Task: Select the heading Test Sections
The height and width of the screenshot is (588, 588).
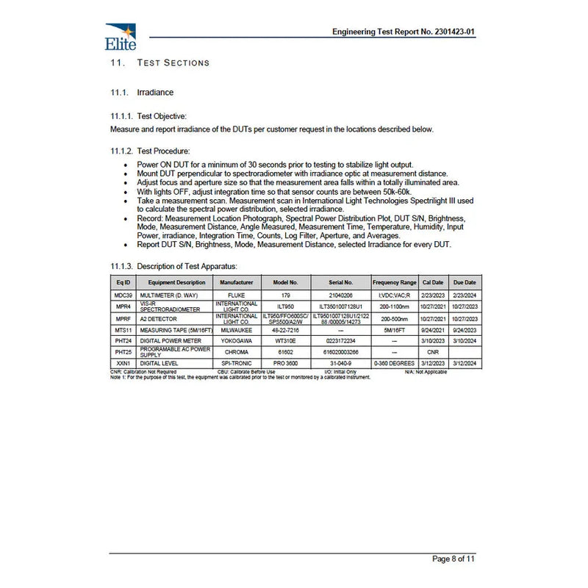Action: point(173,63)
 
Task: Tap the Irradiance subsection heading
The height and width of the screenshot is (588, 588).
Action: point(155,93)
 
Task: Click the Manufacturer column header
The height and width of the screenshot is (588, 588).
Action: point(237,282)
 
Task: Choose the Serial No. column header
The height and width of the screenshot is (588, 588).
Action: point(340,282)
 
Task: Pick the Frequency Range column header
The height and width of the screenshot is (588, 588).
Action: point(395,282)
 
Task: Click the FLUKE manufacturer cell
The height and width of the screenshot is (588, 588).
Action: point(237,294)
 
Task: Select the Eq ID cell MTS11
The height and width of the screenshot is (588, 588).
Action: point(123,330)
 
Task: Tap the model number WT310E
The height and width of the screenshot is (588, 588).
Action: point(285,341)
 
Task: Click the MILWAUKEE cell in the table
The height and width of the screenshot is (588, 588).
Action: point(237,330)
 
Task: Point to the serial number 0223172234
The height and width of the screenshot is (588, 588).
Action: point(340,341)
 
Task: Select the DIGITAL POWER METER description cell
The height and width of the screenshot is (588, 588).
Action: point(175,341)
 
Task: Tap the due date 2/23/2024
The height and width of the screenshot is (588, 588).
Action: point(465,294)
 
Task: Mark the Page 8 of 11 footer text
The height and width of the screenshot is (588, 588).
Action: point(453,559)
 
